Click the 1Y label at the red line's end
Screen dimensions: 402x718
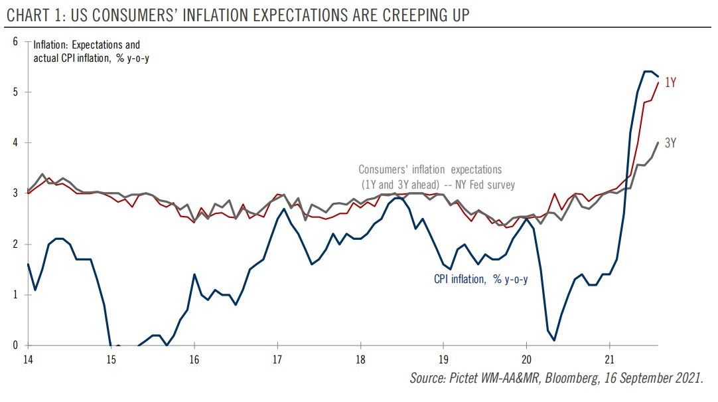pos(670,83)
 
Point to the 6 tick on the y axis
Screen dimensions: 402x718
pos(15,41)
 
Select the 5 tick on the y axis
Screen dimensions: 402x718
pos(15,92)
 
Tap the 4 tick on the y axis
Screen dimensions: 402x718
pos(15,143)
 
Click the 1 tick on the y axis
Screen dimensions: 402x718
pos(15,295)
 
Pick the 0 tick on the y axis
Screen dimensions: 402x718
pos(15,346)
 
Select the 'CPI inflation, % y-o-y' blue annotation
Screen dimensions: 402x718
pos(481,280)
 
